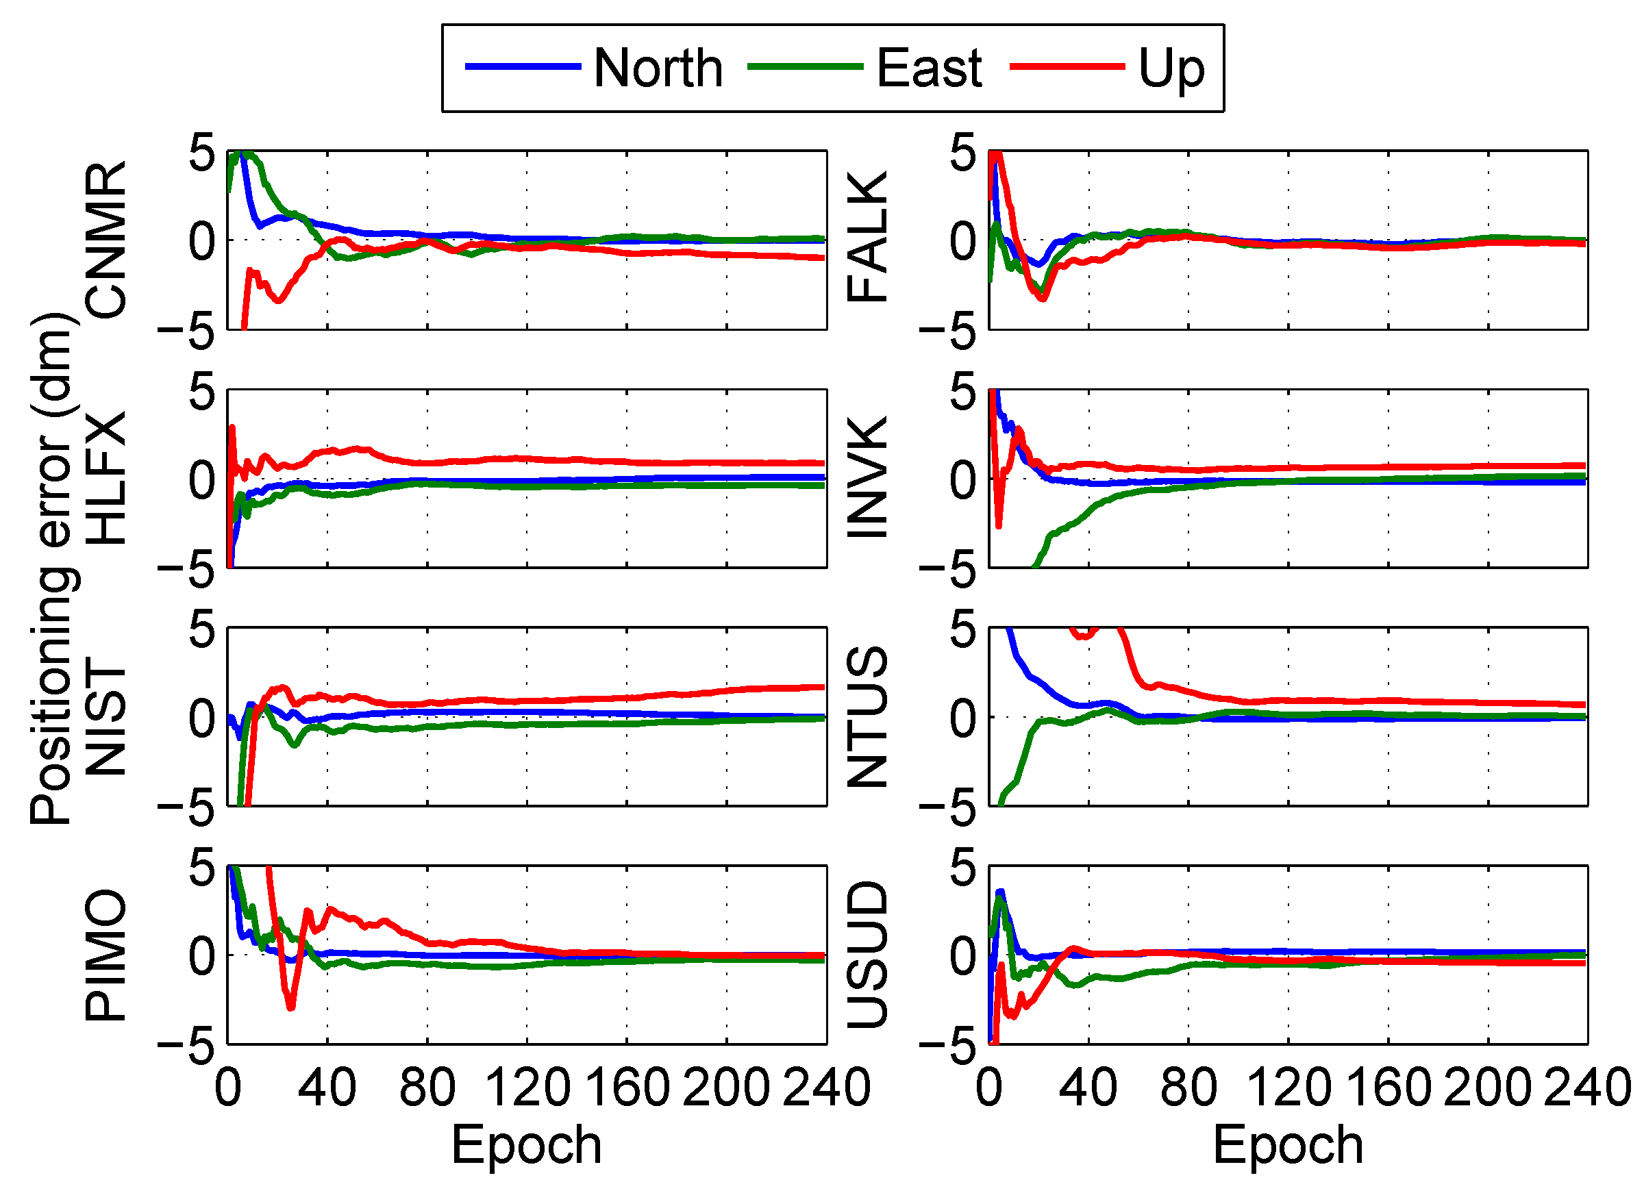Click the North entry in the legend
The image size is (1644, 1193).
[658, 68]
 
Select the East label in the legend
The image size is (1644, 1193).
[929, 68]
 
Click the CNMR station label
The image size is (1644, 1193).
[105, 240]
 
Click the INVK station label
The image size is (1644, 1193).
[867, 478]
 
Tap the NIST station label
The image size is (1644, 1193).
[105, 717]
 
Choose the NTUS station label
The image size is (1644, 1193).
[867, 717]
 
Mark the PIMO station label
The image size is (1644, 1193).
[105, 955]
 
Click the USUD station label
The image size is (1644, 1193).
[867, 955]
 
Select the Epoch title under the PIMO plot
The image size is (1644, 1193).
[526, 1146]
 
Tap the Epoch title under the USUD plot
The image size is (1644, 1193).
[1288, 1146]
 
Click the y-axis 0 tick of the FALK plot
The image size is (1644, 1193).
[963, 241]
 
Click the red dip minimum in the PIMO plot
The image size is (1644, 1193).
[290, 1007]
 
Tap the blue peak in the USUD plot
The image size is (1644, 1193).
[1001, 892]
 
